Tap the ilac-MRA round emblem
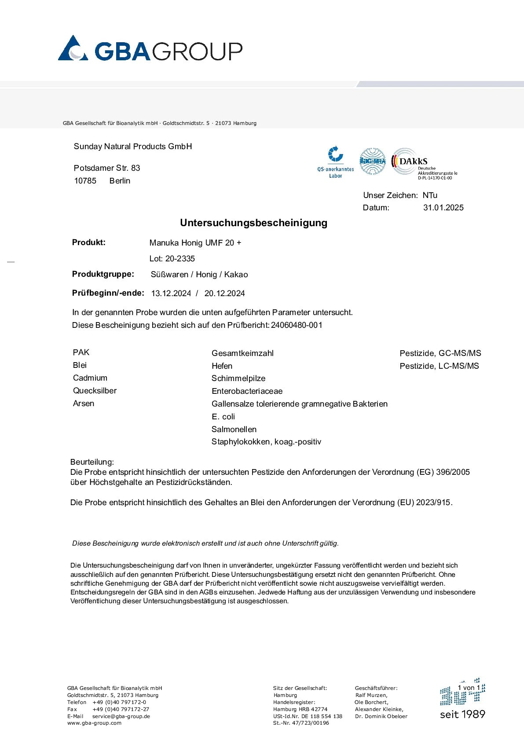pyautogui.click(x=373, y=161)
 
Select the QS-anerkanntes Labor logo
pyautogui.click(x=336, y=162)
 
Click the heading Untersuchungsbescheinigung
pyautogui.click(x=253, y=223)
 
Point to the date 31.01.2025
pyautogui.click(x=443, y=208)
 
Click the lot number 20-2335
pyautogui.click(x=180, y=259)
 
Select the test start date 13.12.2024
pyautogui.click(x=171, y=293)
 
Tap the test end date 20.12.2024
pyautogui.click(x=224, y=293)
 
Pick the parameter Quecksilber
pyautogui.click(x=95, y=391)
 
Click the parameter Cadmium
pyautogui.click(x=90, y=378)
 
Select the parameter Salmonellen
pyautogui.click(x=234, y=429)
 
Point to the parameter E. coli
pyautogui.click(x=223, y=417)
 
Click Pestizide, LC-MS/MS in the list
pyautogui.click(x=439, y=366)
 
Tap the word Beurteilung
pyautogui.click(x=92, y=462)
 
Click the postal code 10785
pyautogui.click(x=85, y=181)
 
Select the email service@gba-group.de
pyautogui.click(x=121, y=716)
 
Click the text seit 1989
pyautogui.click(x=462, y=714)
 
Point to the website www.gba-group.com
pyautogui.click(x=94, y=723)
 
